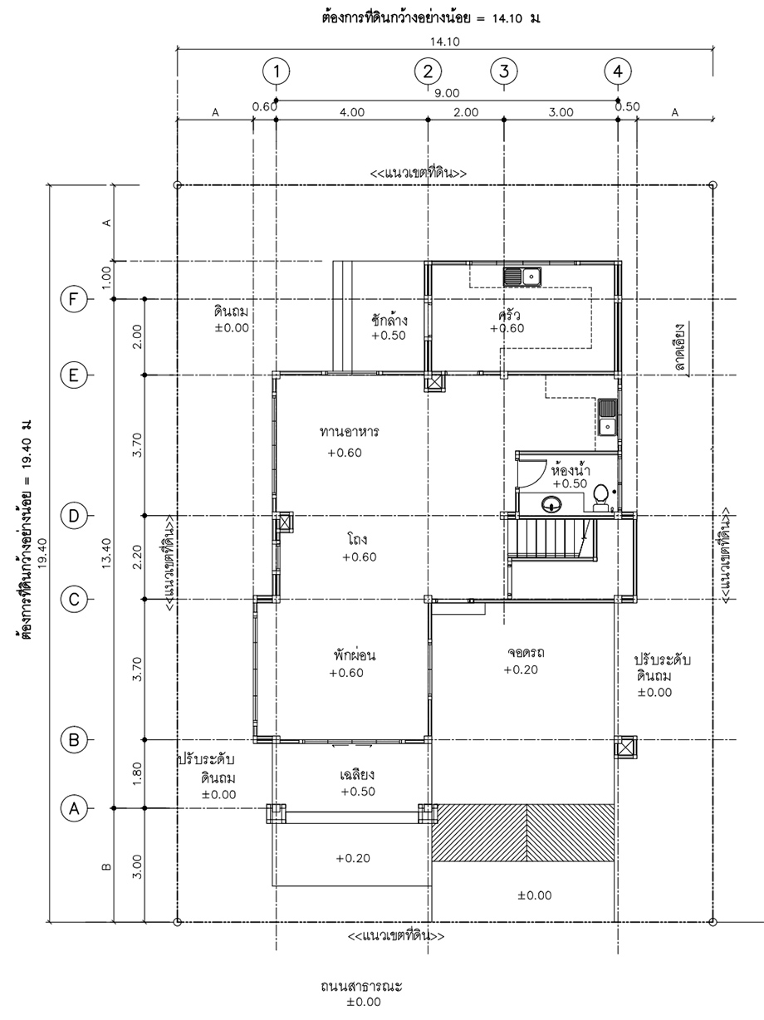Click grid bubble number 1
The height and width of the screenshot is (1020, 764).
[x=277, y=71]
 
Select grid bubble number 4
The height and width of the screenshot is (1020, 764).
[x=618, y=71]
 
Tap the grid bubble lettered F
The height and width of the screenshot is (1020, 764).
[x=74, y=299]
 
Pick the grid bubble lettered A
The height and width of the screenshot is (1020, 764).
[x=74, y=808]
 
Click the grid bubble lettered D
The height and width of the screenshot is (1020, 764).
[x=74, y=515]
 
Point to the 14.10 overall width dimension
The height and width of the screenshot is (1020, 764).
[x=444, y=42]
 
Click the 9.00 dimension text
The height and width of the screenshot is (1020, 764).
[x=447, y=93]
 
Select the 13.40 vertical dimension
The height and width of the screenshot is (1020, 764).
[x=106, y=553]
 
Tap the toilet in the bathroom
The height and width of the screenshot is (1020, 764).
[x=601, y=498]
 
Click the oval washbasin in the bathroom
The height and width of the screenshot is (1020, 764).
[x=551, y=503]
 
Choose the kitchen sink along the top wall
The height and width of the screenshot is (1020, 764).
[x=522, y=277]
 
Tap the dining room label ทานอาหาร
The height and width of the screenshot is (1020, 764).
[x=350, y=432]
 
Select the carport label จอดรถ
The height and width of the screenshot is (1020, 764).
[x=526, y=652]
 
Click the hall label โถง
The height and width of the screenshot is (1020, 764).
[x=357, y=539]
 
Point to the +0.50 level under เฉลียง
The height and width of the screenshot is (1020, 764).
[x=358, y=792]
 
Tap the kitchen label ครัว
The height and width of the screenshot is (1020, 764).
[x=508, y=315]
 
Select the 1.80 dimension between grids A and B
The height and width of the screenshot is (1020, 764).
[x=137, y=773]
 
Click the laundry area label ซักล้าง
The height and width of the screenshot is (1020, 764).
[x=389, y=320]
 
